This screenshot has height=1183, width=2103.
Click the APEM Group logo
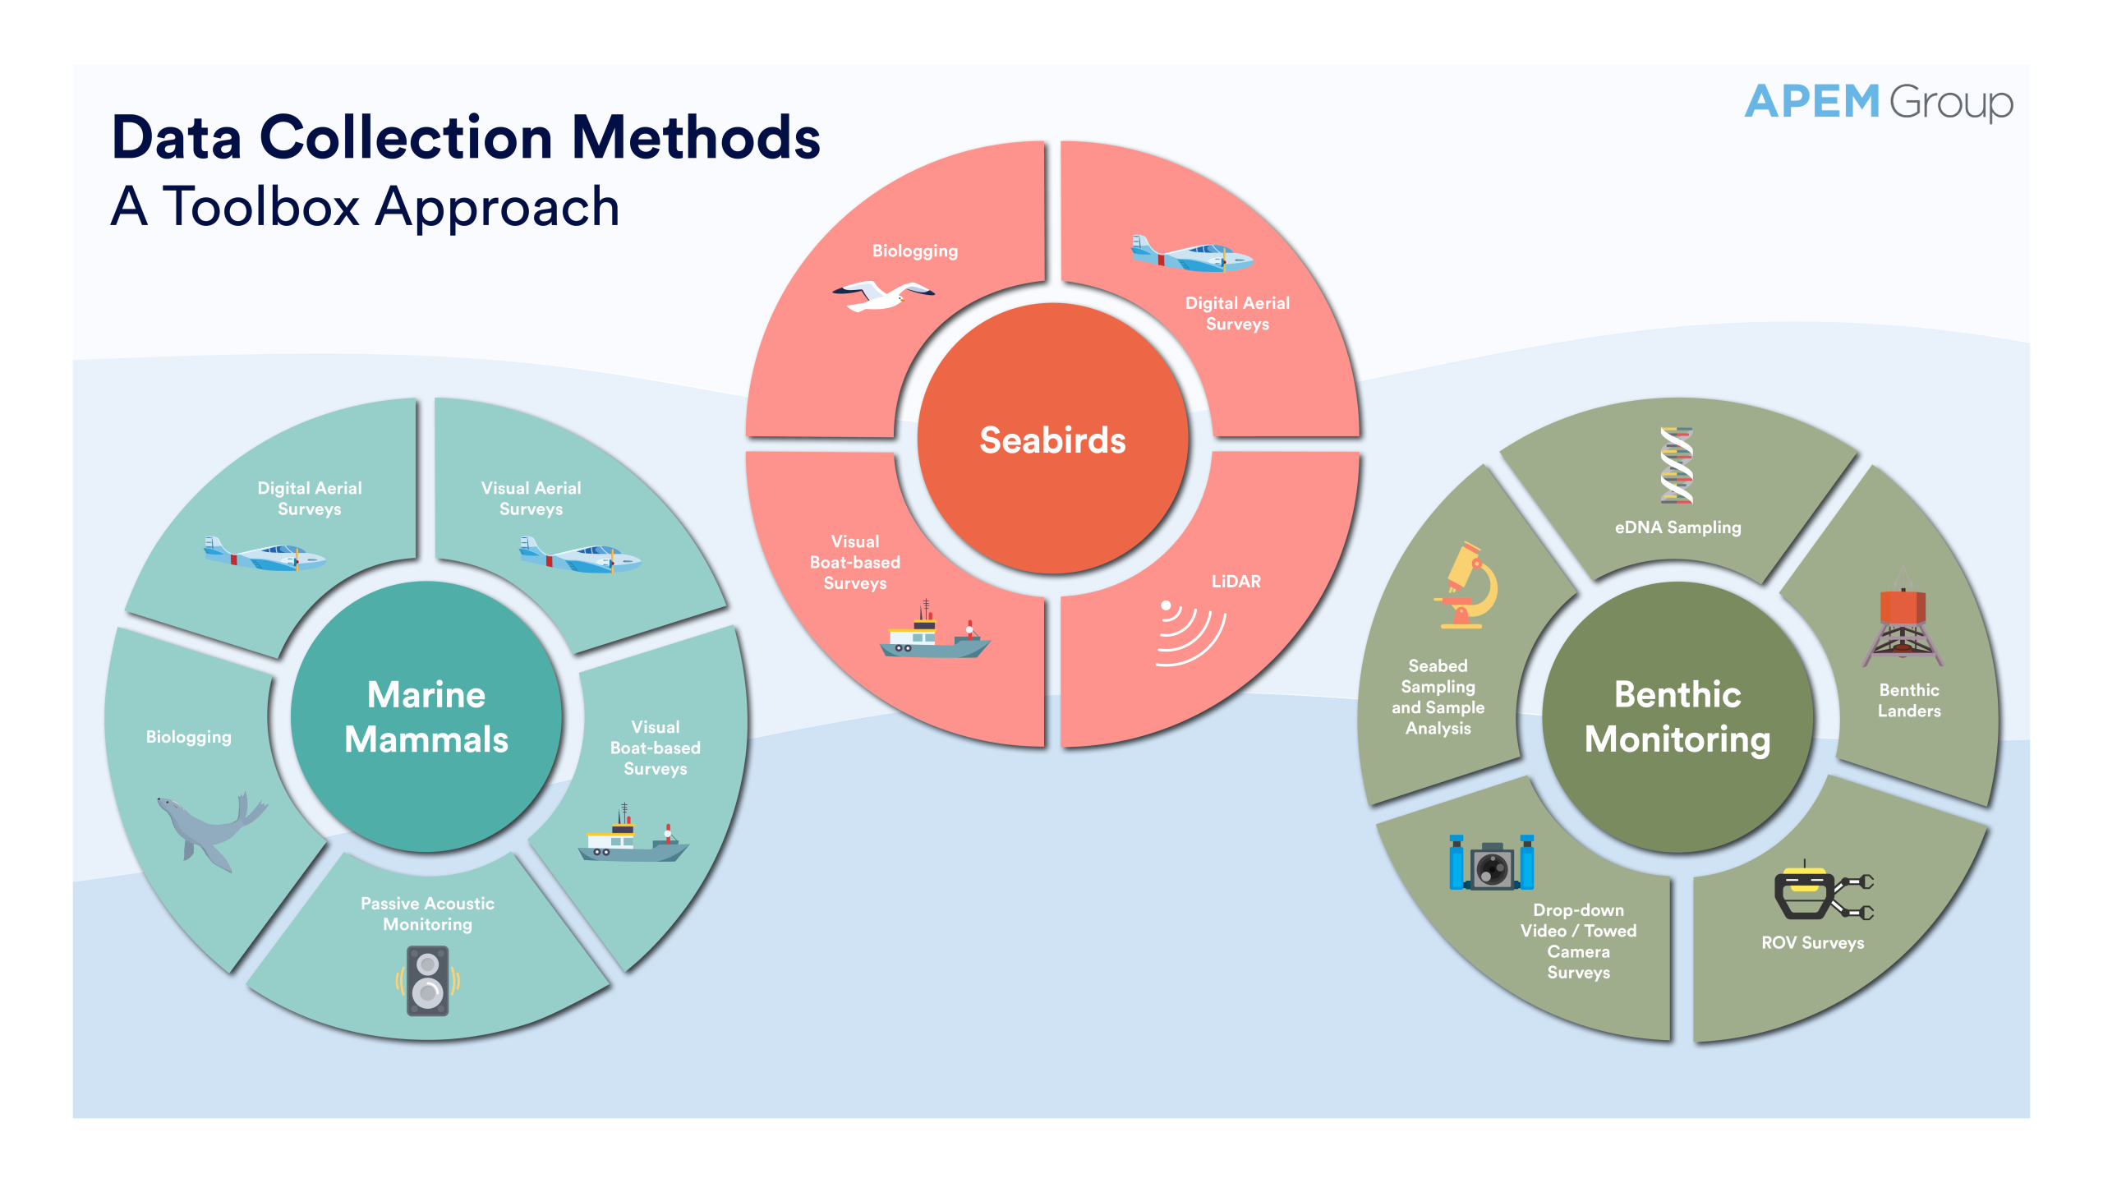tap(1878, 103)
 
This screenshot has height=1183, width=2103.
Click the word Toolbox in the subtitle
tap(260, 206)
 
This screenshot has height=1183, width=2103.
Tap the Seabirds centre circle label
tap(1052, 440)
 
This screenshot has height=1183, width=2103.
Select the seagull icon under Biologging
tap(883, 295)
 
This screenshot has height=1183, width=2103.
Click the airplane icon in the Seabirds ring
tap(1190, 255)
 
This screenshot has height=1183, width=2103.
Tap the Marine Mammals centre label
tap(426, 716)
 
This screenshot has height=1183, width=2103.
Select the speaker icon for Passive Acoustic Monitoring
tap(428, 980)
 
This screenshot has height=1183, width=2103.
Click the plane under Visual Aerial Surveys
tap(579, 556)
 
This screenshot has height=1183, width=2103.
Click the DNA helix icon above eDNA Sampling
tap(1676, 466)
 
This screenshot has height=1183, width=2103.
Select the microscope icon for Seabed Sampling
tap(1466, 585)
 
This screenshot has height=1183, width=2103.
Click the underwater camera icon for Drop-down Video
tap(1491, 865)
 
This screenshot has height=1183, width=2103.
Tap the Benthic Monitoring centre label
tap(1677, 716)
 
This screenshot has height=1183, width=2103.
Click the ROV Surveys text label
tap(1812, 943)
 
